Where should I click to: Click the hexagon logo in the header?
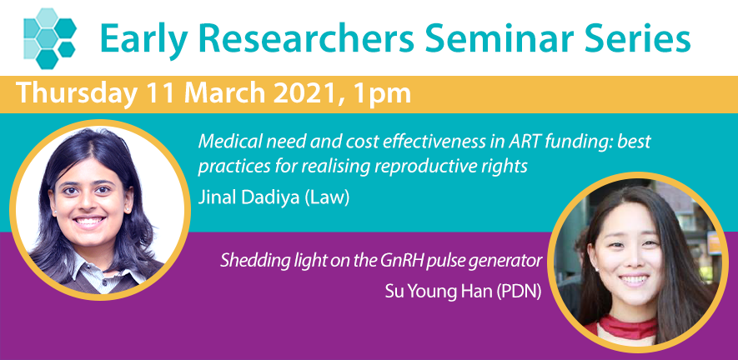pos(50,38)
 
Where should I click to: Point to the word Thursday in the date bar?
pos(76,94)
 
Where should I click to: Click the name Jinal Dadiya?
pos(249,197)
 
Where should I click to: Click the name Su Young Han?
pos(436,292)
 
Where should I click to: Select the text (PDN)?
pos(516,292)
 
